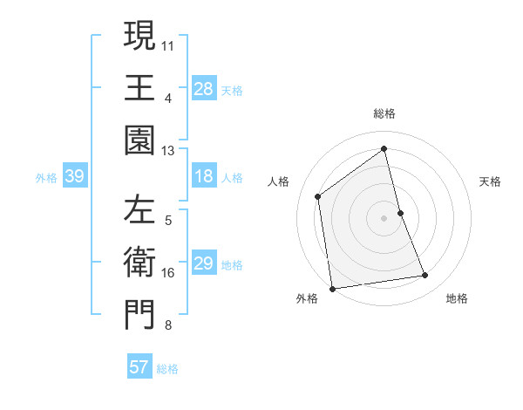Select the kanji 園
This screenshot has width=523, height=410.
point(139,140)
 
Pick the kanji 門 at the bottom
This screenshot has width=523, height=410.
point(139,316)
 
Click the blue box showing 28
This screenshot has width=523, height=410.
point(204,88)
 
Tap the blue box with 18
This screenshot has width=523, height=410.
point(204,177)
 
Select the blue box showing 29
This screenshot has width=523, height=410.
point(204,263)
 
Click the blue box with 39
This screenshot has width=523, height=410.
point(74,177)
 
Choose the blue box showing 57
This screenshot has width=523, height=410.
point(139,367)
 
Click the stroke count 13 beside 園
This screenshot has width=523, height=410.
point(168,151)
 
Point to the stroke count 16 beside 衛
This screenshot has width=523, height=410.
point(168,273)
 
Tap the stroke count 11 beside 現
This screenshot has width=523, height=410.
point(168,44)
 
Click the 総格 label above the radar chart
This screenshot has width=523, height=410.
point(384,113)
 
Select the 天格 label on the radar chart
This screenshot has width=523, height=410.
point(491,181)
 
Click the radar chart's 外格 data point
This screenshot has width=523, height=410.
point(332,288)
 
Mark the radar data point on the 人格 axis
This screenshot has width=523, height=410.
point(318,196)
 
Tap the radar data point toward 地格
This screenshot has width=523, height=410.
point(425,276)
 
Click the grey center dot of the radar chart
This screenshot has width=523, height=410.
point(384,218)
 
